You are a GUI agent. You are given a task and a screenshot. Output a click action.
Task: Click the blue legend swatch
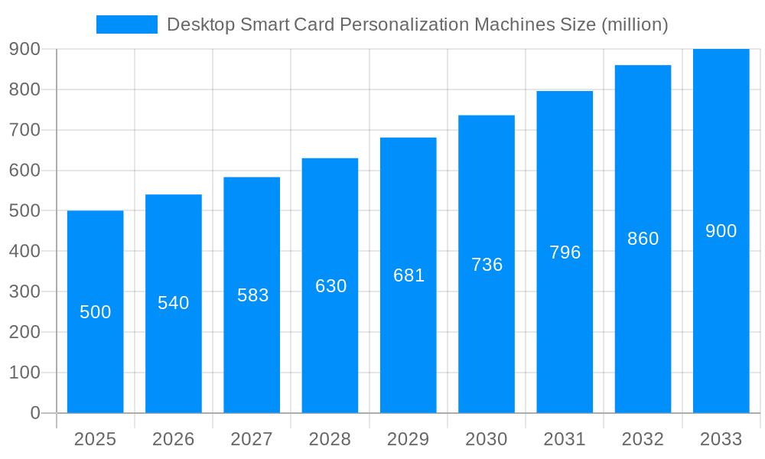point(126,24)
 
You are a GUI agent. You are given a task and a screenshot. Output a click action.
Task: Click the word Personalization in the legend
point(403,24)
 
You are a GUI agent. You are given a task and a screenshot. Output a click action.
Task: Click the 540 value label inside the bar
point(174,303)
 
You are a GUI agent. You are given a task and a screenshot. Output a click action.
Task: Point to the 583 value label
point(252,295)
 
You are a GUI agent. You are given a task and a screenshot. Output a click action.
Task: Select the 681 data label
point(409,275)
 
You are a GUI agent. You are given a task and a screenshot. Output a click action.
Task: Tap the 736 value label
point(487,265)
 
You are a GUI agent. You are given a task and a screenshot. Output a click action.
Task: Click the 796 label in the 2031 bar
point(565,252)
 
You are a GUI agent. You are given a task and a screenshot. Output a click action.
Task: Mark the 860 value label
point(643,239)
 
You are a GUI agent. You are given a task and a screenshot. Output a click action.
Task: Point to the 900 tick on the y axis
point(24,49)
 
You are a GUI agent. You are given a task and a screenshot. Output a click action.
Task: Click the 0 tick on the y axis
point(34,413)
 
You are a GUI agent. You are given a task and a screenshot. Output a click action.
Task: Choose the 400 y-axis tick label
point(24,251)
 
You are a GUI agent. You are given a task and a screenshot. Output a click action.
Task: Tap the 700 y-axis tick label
point(24,130)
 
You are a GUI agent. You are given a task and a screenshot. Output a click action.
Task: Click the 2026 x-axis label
point(174,439)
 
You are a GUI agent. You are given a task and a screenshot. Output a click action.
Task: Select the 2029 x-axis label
point(409,439)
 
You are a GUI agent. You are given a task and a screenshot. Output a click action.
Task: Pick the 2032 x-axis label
point(643,439)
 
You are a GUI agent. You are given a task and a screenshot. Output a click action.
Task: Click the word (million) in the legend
point(635,24)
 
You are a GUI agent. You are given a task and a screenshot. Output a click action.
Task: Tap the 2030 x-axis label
point(487,439)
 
